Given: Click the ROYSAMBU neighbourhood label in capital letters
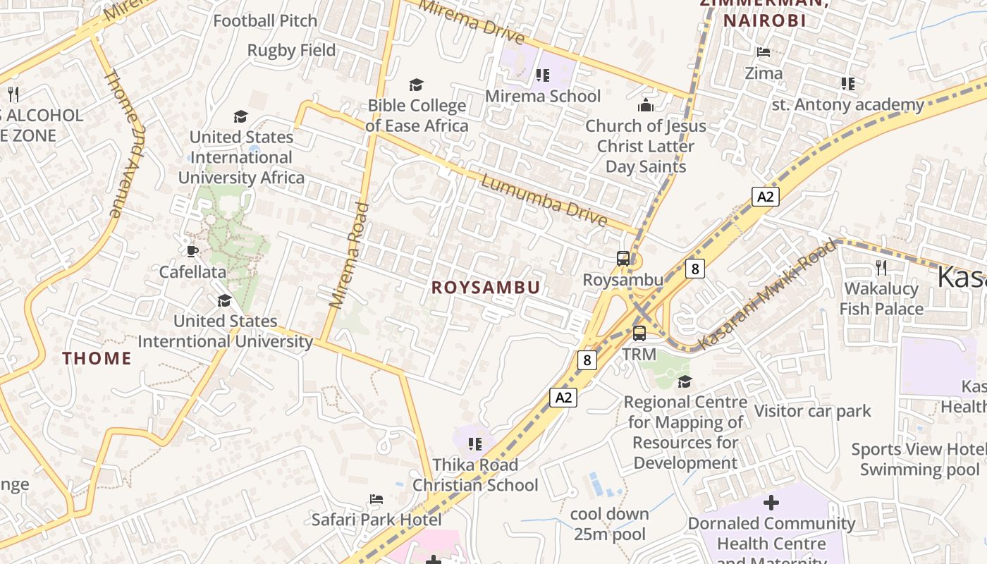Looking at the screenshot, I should tap(486, 287).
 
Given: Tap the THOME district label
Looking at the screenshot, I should tap(97, 358).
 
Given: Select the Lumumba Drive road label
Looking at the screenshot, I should tap(544, 201).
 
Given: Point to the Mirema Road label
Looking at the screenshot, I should tap(350, 255).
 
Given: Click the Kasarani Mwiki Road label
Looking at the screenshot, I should tap(767, 294).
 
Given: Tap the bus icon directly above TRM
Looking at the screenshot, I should tap(639, 333).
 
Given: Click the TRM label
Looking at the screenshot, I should tap(639, 354).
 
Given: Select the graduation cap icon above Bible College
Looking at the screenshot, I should tap(417, 85).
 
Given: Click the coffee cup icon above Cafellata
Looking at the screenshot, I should tap(192, 251).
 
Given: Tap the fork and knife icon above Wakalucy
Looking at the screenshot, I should tap(881, 267).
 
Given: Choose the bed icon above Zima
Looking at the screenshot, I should tap(764, 51).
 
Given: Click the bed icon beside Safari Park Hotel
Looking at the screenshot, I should tap(376, 499).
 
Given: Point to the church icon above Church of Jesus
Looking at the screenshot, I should tap(645, 106).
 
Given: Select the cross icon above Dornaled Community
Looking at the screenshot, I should tap(771, 503).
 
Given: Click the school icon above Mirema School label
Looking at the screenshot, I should tap(542, 75).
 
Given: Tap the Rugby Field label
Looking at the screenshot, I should tap(291, 51).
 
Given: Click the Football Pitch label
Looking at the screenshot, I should tap(265, 21).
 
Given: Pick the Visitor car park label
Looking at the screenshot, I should tap(813, 411).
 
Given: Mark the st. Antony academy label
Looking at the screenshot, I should tap(847, 105).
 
